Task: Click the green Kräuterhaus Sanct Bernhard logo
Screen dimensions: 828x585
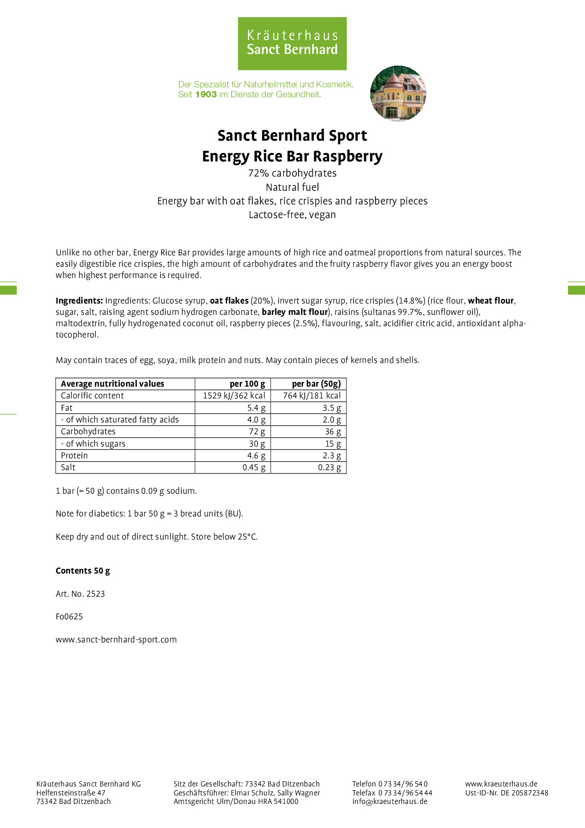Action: click(x=292, y=43)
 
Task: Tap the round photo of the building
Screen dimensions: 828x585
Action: click(x=398, y=93)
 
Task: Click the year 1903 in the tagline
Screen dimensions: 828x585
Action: click(x=206, y=94)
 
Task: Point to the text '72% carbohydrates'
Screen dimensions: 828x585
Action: click(x=292, y=173)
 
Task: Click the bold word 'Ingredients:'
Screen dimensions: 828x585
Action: click(x=79, y=301)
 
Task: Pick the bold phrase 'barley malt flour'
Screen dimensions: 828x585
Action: click(x=294, y=312)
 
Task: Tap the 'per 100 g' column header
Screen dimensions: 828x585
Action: click(x=247, y=384)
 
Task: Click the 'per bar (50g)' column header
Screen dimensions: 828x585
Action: click(x=316, y=384)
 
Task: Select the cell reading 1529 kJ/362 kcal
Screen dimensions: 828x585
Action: click(x=234, y=396)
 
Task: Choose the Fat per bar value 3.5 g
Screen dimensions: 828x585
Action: click(x=332, y=408)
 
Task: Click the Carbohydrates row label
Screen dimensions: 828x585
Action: click(x=88, y=431)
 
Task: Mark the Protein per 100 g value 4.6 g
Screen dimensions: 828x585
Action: click(x=256, y=456)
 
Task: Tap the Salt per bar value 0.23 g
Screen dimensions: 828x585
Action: click(x=329, y=467)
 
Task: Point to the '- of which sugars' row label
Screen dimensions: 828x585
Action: click(x=93, y=444)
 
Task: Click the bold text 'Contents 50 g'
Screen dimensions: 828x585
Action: click(x=83, y=571)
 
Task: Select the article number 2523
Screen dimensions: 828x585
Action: click(x=95, y=594)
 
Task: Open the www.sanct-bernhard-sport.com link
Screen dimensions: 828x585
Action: click(x=116, y=640)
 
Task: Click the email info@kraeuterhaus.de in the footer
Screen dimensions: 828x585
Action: click(x=390, y=801)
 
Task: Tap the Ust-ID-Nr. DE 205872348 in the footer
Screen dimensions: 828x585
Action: click(x=507, y=793)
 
